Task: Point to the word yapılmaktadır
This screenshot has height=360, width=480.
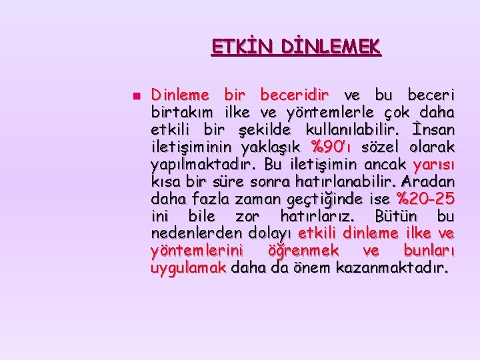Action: (203, 164)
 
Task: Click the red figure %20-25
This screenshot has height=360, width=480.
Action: (426, 199)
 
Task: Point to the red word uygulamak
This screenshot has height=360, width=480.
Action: (189, 268)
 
